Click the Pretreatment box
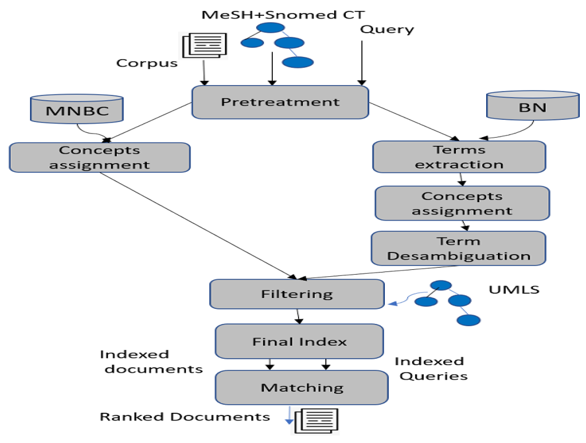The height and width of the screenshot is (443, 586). (x=280, y=102)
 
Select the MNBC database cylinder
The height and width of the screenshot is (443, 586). (x=77, y=109)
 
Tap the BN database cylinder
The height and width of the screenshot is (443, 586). (x=533, y=106)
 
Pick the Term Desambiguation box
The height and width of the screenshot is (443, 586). (x=458, y=248)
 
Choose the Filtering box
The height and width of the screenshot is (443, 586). (x=297, y=294)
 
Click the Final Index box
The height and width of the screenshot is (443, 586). (x=299, y=341)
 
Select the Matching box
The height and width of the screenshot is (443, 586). (x=301, y=388)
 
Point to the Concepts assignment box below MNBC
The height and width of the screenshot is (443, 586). (x=100, y=157)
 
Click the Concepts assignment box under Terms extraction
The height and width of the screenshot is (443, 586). (x=462, y=203)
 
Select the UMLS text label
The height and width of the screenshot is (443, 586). (x=514, y=290)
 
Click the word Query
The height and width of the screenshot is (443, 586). (x=387, y=29)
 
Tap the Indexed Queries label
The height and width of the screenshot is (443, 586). (x=431, y=369)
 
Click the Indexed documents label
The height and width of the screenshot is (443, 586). (x=151, y=362)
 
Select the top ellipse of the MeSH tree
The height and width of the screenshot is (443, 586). (x=271, y=27)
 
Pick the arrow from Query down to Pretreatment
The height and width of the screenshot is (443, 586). (x=362, y=62)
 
